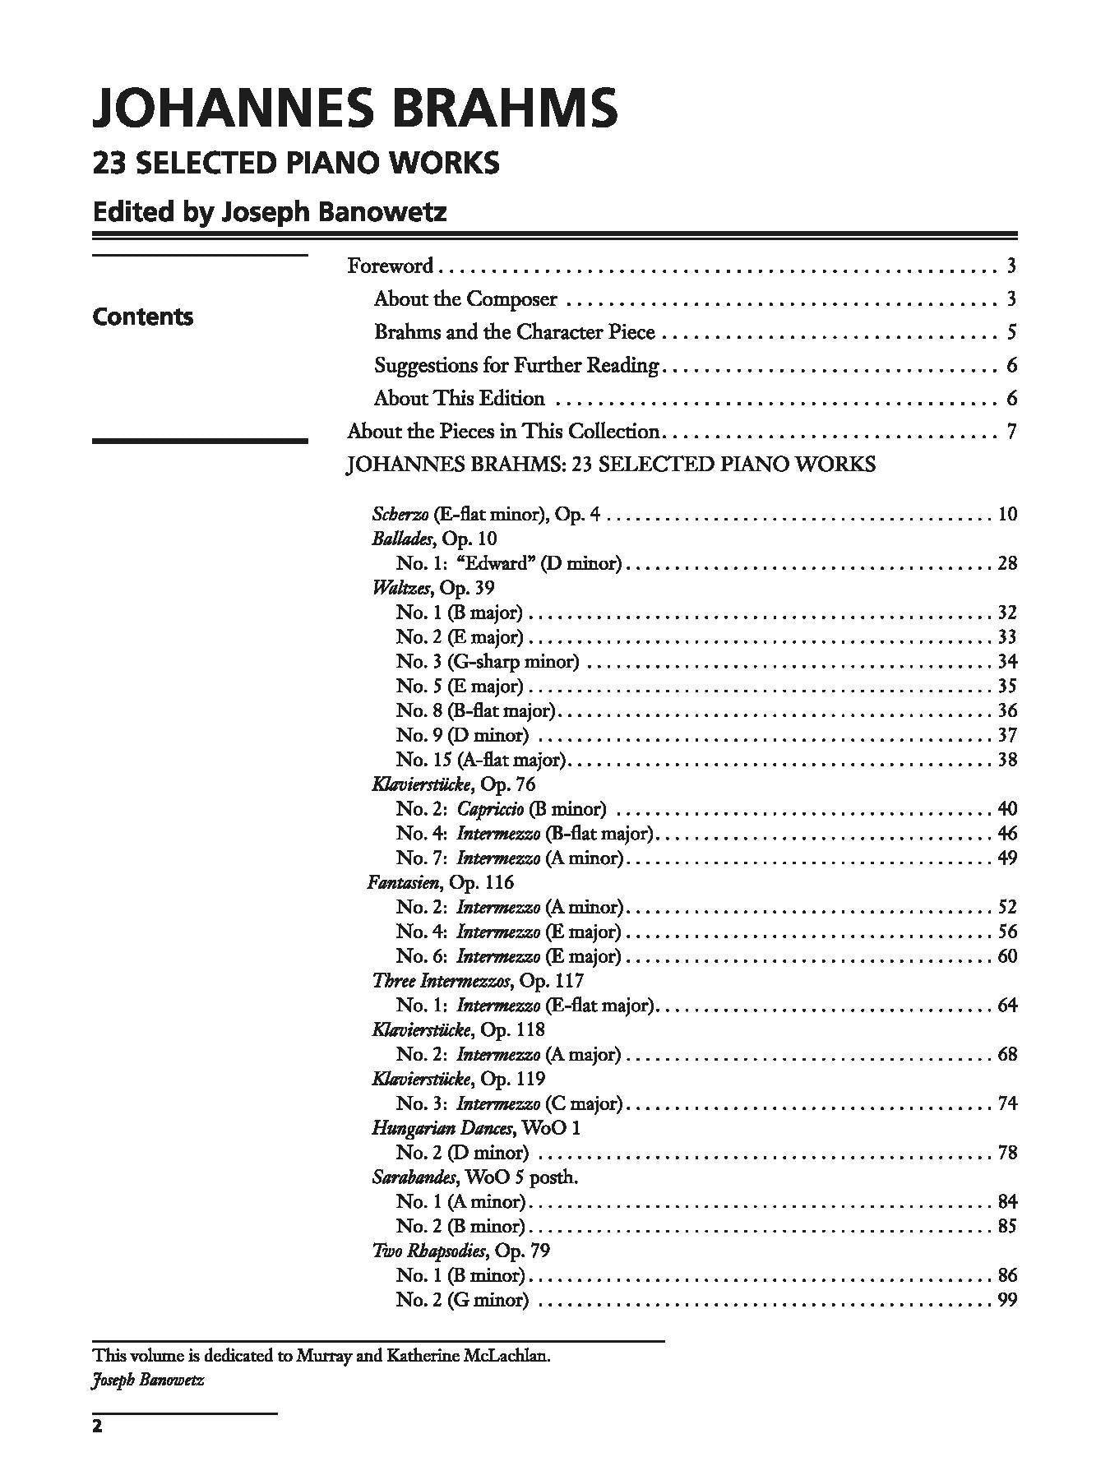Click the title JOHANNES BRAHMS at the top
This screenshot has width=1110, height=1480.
354,108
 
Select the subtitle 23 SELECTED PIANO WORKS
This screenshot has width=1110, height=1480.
296,163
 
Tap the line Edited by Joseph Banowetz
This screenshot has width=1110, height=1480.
270,212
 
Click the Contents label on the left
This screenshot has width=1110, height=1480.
143,317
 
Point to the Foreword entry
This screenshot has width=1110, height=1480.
390,266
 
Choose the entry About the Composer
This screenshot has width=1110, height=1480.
465,298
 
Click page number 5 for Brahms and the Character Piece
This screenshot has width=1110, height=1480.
1011,332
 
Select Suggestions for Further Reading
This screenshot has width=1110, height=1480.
516,365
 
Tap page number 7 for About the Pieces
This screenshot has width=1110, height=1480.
1011,431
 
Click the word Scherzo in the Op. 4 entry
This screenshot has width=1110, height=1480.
400,515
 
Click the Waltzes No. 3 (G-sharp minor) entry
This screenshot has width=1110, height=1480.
488,661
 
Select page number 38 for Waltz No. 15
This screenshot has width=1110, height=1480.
1007,760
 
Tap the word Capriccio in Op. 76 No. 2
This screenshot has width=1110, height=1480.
490,808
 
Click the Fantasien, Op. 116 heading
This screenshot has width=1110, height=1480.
441,882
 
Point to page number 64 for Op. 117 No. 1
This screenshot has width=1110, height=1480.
1007,1005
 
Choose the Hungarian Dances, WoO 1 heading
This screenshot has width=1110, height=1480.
476,1128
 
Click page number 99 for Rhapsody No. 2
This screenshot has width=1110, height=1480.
1007,1300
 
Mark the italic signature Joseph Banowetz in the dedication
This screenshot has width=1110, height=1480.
148,1380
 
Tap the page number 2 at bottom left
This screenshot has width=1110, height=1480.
97,1449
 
